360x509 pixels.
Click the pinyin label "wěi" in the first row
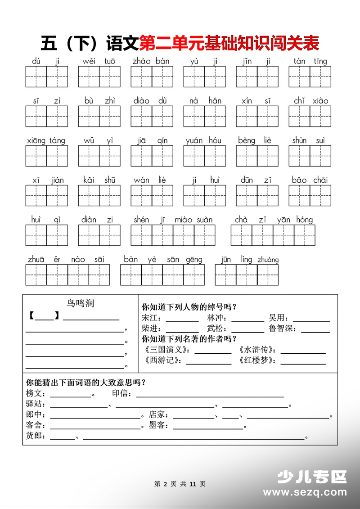89,61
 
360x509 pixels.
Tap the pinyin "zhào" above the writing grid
142,61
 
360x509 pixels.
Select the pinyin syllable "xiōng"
36,141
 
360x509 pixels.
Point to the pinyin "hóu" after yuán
215,140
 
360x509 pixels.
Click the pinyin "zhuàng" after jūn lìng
268,260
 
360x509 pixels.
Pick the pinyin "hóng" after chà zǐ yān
304,220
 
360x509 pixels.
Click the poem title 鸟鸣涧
80,304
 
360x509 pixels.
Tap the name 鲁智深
283,329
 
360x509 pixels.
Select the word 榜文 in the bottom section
35,394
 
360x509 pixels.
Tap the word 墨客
158,425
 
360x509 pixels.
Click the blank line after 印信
210,396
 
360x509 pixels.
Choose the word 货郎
35,436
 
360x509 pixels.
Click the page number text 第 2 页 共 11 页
180,484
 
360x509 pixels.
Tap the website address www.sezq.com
311,492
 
